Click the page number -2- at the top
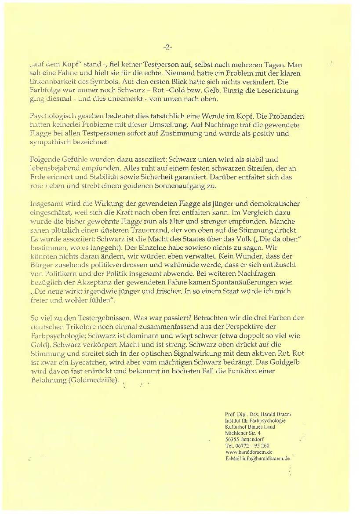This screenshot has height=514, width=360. pyautogui.click(x=167, y=47)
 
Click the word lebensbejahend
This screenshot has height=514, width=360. pyautogui.click(x=55, y=168)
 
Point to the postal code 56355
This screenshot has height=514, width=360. pyautogui.click(x=232, y=439)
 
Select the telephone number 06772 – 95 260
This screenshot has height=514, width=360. pyautogui.click(x=251, y=445)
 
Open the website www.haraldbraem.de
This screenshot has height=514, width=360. pyautogui.click(x=249, y=452)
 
